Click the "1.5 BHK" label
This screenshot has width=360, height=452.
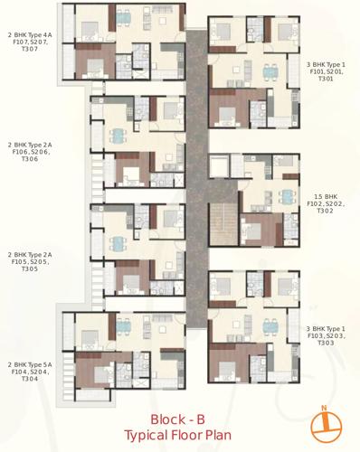[x=326, y=195]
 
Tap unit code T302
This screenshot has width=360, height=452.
[x=326, y=211]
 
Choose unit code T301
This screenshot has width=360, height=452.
[x=326, y=80]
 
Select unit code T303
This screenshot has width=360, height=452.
[x=326, y=344]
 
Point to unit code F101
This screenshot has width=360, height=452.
[x=316, y=72]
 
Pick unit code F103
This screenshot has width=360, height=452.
[x=316, y=336]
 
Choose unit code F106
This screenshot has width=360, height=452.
[x=22, y=152]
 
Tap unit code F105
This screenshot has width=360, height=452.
[x=22, y=262]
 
